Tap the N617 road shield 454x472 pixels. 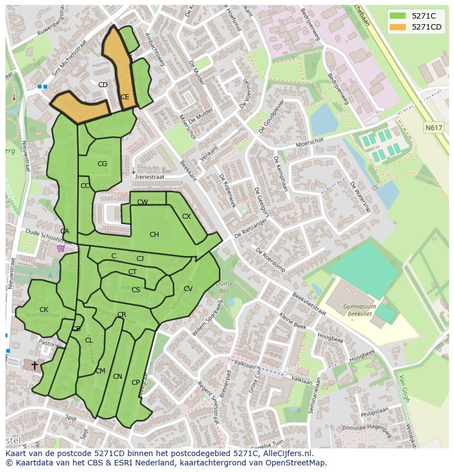(x=434, y=128)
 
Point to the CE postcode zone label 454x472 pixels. (x=125, y=97)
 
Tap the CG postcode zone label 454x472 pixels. (x=102, y=164)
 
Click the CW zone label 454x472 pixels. (x=143, y=202)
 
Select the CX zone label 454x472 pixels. (x=186, y=217)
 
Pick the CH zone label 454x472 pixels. (x=154, y=235)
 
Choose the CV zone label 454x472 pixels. (x=188, y=289)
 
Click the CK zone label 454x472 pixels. (x=44, y=310)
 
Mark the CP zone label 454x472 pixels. (x=135, y=383)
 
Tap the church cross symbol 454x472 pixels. (x=35, y=365)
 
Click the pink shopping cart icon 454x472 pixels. (x=60, y=249)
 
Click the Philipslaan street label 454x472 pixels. (x=374, y=412)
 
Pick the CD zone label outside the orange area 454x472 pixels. (x=103, y=85)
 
